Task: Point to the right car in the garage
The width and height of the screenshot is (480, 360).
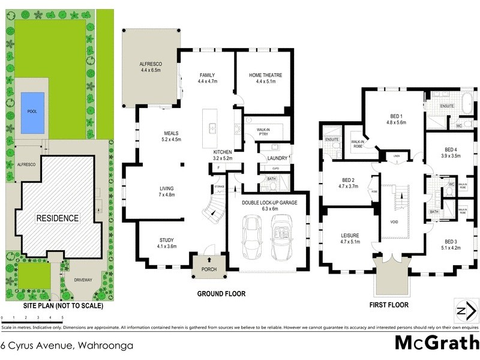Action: coord(281,236)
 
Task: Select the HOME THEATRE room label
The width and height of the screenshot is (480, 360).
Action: coord(262,78)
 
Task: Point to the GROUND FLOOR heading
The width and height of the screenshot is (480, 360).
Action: coord(221,293)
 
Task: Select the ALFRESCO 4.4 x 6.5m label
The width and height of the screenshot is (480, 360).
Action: coord(151,67)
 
